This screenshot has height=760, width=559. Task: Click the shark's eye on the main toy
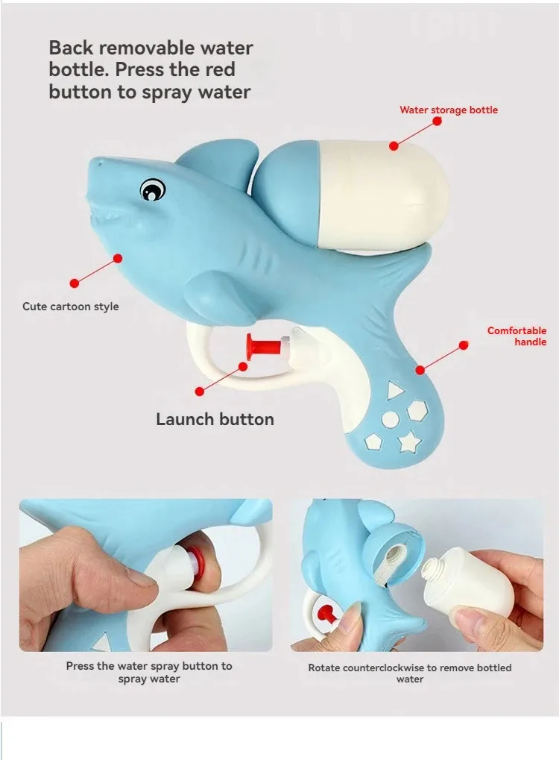click(153, 189)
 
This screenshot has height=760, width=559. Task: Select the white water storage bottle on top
click(382, 196)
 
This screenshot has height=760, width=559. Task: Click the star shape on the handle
click(409, 442)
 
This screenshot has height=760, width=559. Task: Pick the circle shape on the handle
click(390, 420)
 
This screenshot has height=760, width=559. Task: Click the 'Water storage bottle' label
click(449, 110)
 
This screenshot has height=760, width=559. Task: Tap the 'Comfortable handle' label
click(517, 336)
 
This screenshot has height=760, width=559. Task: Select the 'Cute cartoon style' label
click(71, 307)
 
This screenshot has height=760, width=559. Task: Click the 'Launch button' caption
click(215, 419)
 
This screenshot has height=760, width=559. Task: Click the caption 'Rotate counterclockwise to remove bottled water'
click(410, 673)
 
